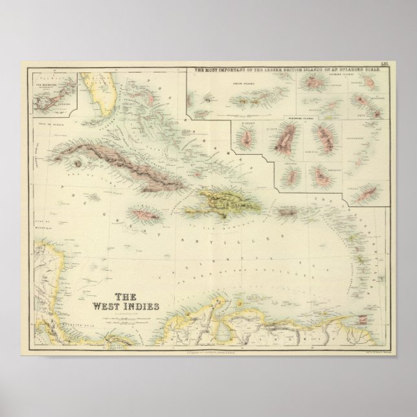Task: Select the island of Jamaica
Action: click(144, 212)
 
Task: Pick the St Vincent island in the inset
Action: click(247, 139)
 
